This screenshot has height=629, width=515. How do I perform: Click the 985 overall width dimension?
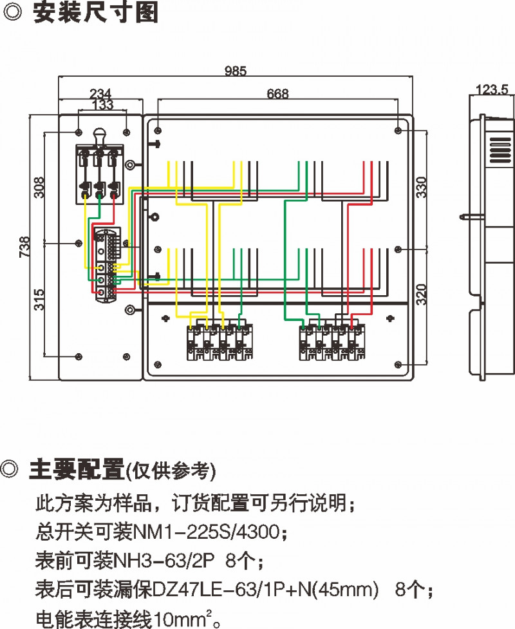(236, 72)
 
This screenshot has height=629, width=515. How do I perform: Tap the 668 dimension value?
(277, 94)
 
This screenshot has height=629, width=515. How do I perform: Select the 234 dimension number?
(100, 93)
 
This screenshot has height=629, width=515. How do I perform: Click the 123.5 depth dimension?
(492, 90)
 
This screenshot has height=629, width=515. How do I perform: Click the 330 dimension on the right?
(420, 188)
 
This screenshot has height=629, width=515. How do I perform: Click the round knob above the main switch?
(99, 135)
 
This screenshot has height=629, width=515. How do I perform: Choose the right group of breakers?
(331, 342)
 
